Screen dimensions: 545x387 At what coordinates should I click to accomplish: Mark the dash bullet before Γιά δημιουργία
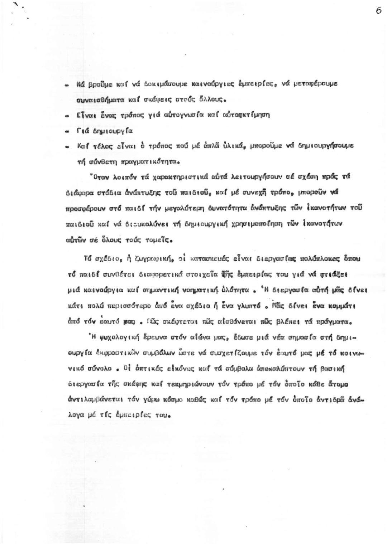pos(67,131)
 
